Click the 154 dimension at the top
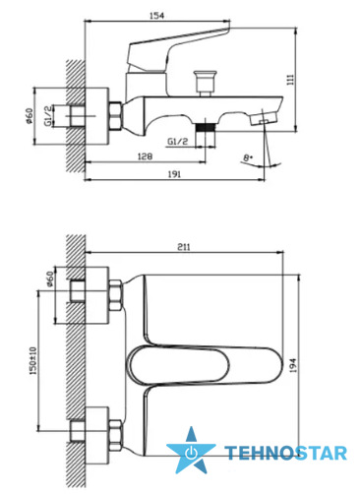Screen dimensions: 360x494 pyautogui.click(x=156, y=16)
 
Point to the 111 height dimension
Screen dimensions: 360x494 pyautogui.click(x=290, y=80)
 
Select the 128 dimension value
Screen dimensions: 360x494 pyautogui.click(x=145, y=156)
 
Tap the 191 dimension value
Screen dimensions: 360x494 pyautogui.click(x=174, y=174)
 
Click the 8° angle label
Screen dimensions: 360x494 pyautogui.click(x=248, y=157)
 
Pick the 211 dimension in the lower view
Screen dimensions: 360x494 pyautogui.click(x=184, y=247)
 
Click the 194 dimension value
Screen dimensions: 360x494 pyautogui.click(x=293, y=365)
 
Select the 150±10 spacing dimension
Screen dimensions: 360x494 pyautogui.click(x=33, y=360)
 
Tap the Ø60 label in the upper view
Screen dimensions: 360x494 pyautogui.click(x=29, y=116)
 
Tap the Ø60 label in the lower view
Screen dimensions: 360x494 pyautogui.click(x=49, y=279)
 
